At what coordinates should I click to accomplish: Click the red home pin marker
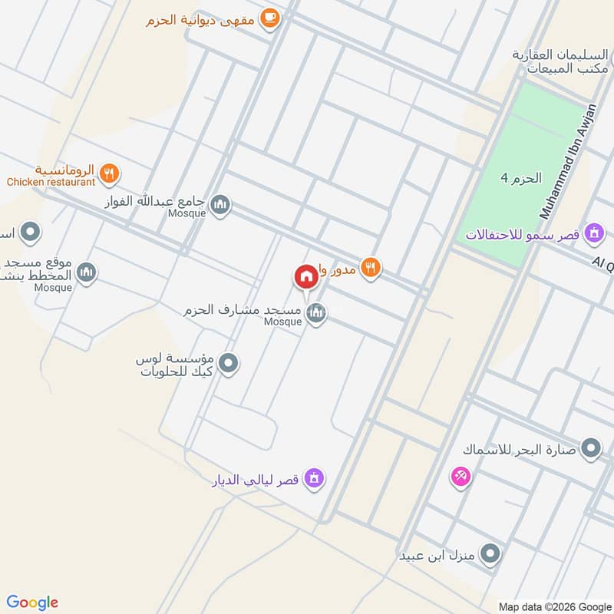coord(305,276)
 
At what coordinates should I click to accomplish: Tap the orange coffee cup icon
coord(269,18)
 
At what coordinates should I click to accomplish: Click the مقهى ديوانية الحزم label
coord(201,20)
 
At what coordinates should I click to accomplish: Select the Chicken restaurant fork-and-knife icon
coord(109,173)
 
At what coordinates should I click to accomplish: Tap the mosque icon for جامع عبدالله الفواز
coord(220,204)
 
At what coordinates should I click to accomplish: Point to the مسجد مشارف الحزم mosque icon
coord(315,312)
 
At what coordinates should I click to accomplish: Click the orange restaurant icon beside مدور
coord(371,267)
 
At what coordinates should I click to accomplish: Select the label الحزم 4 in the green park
coord(521,178)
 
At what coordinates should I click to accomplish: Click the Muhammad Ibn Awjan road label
coord(569,161)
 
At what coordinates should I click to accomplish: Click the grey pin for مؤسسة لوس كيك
coord(228,364)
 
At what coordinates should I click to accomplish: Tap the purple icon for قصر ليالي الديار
coord(313,479)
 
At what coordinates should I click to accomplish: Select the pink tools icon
coord(460,477)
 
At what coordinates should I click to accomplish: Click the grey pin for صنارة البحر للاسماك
coord(591,449)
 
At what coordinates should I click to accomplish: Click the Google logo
coord(33,602)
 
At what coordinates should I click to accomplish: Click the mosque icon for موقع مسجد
coord(87,272)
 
